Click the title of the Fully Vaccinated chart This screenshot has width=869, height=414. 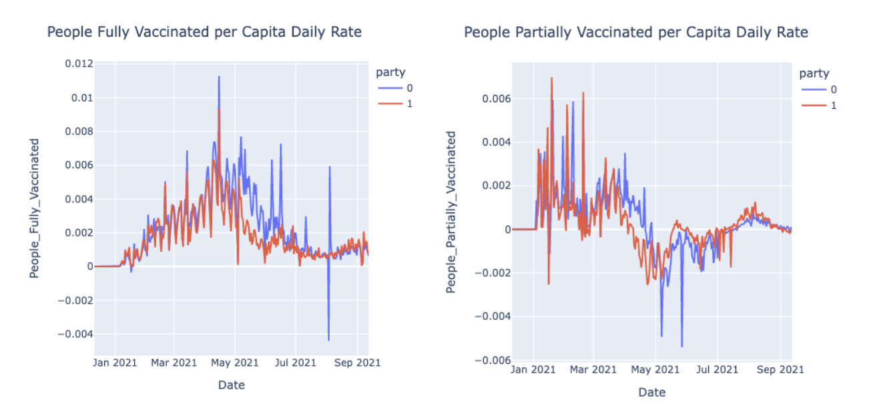pos(204,31)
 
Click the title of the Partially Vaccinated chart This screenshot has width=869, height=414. pos(635,32)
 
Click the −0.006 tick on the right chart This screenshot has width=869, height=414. pos(489,360)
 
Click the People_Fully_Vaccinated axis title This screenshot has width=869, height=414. pos(34,208)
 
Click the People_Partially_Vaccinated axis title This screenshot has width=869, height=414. pos(451,212)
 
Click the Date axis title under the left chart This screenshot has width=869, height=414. pos(231,385)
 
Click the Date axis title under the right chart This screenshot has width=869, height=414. pos(651,392)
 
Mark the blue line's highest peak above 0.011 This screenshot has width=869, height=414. pos(219,77)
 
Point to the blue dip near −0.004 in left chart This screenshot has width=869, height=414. pos(328,340)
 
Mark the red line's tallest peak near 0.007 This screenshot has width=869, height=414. pos(551,78)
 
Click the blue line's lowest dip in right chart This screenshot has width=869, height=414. pos(681,346)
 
